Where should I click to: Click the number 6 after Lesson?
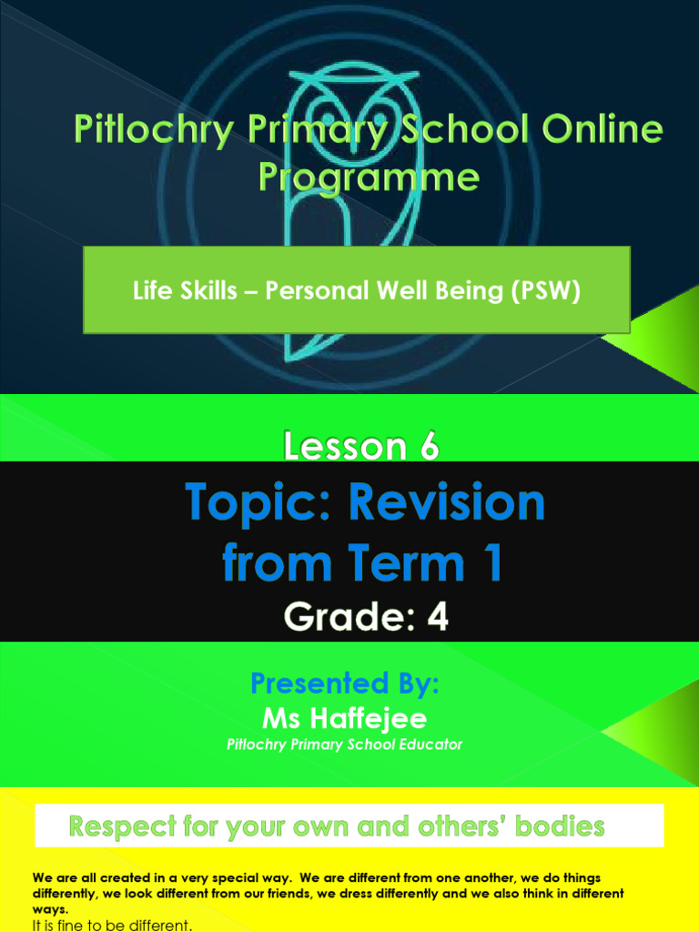[x=428, y=447]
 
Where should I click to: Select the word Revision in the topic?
[x=450, y=502]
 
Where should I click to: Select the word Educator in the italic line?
[x=430, y=745]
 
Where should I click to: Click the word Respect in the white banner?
[x=125, y=827]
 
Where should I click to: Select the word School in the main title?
[x=461, y=130]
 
